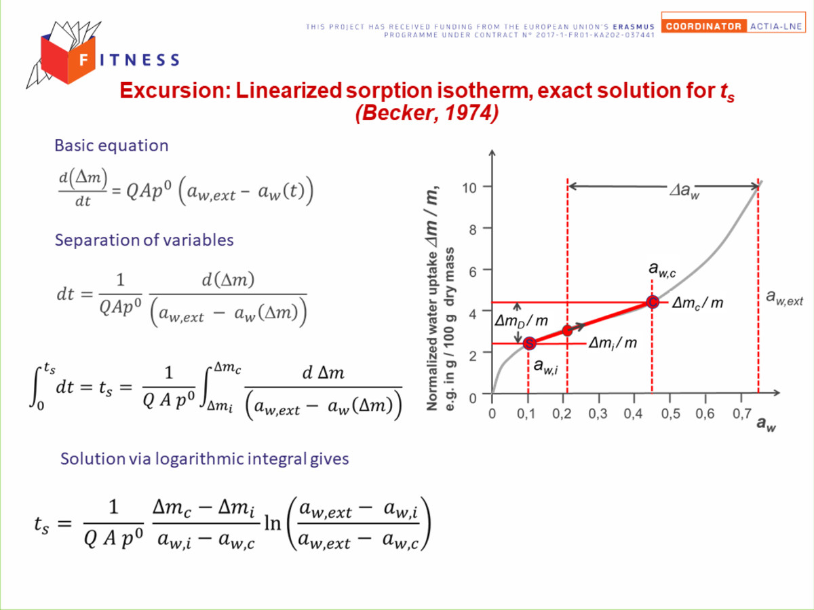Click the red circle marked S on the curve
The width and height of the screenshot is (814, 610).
point(529,343)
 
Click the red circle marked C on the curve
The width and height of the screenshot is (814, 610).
point(653,302)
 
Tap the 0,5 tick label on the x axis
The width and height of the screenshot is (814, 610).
point(671,414)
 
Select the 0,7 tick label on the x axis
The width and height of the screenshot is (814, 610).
point(742,414)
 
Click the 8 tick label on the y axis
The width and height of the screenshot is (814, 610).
point(472,229)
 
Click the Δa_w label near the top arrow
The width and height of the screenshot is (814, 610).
point(684,191)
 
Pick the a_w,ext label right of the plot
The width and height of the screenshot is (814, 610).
point(784,297)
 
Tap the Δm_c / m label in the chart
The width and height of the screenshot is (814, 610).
point(697,303)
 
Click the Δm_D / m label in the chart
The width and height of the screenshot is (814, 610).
point(521,321)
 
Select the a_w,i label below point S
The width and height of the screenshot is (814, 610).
point(545,366)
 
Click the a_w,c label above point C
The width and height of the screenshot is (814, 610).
point(662,269)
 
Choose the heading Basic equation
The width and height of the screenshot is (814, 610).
point(111,145)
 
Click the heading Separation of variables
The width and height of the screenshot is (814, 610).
point(144,240)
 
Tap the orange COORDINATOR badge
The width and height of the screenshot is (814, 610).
point(704,26)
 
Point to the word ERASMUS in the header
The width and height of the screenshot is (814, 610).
point(634,26)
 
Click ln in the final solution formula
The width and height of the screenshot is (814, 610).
point(273,523)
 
